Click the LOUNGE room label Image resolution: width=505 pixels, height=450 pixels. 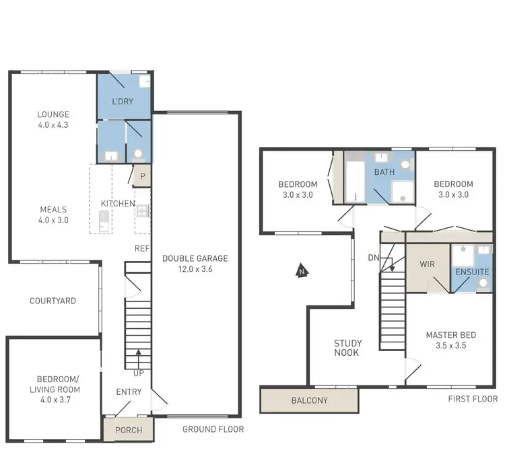pyautogui.click(x=53, y=114)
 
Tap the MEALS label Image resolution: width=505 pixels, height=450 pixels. pyautogui.click(x=53, y=209)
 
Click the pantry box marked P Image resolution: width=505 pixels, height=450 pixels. pyautogui.click(x=143, y=177)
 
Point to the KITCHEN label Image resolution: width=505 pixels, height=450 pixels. pyautogui.click(x=118, y=204)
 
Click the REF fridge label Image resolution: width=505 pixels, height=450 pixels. pyautogui.click(x=141, y=248)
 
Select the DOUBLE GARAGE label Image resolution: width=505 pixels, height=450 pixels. pyautogui.click(x=195, y=258)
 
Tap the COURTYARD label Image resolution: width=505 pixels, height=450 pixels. pyautogui.click(x=53, y=301)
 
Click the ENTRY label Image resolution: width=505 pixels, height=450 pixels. pyautogui.click(x=129, y=392)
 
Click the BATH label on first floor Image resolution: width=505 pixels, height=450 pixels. pyautogui.click(x=384, y=172)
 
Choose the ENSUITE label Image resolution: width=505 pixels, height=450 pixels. pyautogui.click(x=472, y=272)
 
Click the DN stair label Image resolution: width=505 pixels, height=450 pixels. pyautogui.click(x=374, y=258)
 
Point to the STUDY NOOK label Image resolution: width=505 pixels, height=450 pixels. pyautogui.click(x=347, y=348)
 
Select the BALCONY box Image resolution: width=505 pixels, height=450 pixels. pyautogui.click(x=309, y=400)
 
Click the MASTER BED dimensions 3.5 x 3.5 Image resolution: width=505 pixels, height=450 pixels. pyautogui.click(x=450, y=346)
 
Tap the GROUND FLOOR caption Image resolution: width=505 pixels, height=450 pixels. pyautogui.click(x=213, y=429)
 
